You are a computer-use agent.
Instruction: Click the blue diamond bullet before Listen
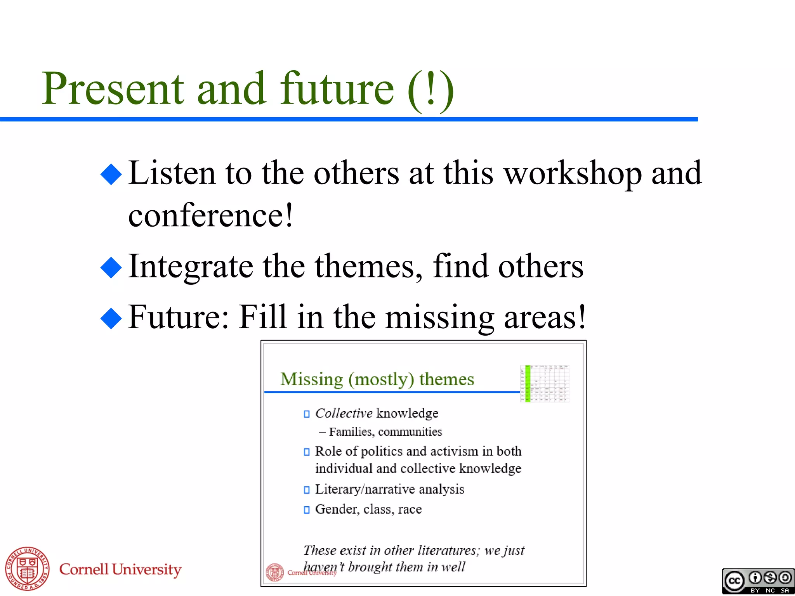pos(111,173)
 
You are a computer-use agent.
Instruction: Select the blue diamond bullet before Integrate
pos(111,267)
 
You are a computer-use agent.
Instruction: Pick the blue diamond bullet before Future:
pos(111,318)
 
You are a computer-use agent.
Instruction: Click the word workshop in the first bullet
pos(573,173)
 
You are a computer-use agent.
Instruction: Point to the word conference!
pos(211,215)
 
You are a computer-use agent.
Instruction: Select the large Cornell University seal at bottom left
pos(27,569)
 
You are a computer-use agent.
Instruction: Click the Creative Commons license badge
pos(758,581)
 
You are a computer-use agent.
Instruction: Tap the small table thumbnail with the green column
pos(544,383)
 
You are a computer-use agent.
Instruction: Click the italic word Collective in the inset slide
pos(344,413)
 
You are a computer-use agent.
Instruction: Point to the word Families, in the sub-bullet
pos(352,432)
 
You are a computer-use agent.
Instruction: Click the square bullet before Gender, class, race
pos(307,509)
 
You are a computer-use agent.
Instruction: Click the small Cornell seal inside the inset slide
pos(275,572)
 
